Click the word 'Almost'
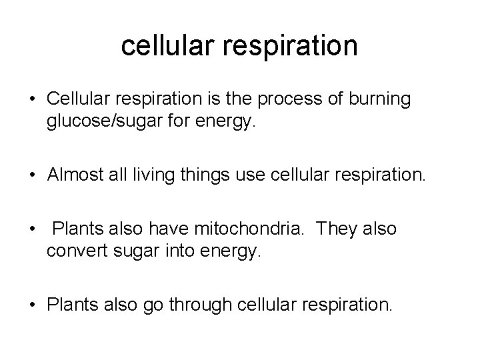point(75,175)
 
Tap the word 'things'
point(200,175)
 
